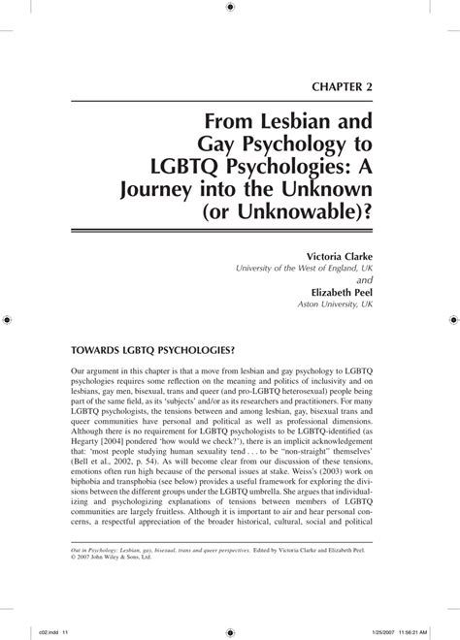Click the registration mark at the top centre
(230, 7)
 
